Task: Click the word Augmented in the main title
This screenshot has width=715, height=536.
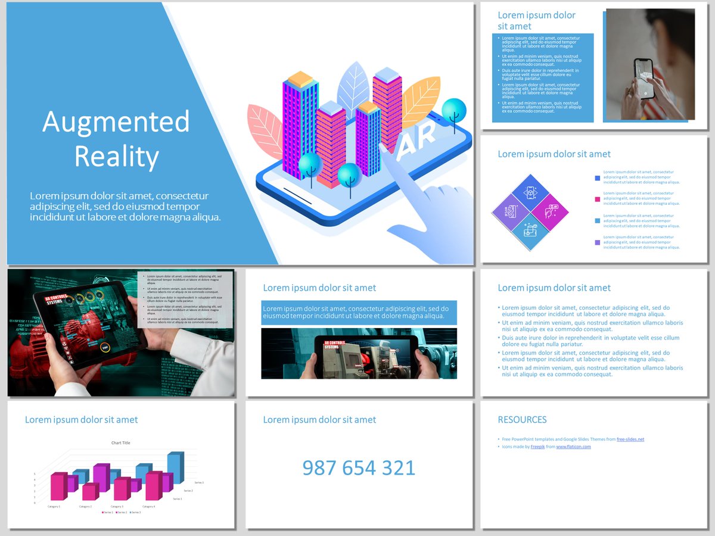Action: click(116, 123)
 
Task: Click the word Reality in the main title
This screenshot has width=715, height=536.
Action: click(116, 157)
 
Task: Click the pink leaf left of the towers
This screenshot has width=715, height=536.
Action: click(266, 130)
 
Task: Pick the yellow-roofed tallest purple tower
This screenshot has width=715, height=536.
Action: click(300, 122)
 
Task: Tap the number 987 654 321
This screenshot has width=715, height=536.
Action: click(359, 468)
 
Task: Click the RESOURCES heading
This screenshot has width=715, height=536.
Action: click(522, 420)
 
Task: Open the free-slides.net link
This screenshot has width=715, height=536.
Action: click(630, 440)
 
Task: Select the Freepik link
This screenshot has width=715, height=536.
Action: click(537, 447)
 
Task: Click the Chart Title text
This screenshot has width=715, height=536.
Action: click(120, 442)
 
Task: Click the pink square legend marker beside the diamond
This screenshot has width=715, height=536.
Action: click(598, 200)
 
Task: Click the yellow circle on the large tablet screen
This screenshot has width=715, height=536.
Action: click(105, 348)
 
